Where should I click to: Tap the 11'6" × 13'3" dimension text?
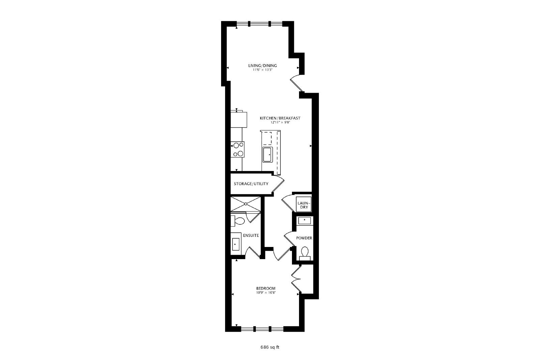point(263,70)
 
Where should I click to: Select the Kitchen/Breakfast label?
point(280,118)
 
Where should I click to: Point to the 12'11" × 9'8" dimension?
point(280,122)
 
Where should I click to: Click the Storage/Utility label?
point(251,184)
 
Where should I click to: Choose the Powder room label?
point(304,238)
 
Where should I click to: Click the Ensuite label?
point(251,236)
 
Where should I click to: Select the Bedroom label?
point(266,288)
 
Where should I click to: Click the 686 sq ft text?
point(270,347)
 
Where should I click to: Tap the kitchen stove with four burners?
point(238,149)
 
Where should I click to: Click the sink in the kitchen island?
point(268,155)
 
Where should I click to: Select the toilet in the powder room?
point(305,253)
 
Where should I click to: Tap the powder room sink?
point(304,220)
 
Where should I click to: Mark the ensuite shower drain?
point(246,204)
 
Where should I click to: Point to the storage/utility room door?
point(278,185)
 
